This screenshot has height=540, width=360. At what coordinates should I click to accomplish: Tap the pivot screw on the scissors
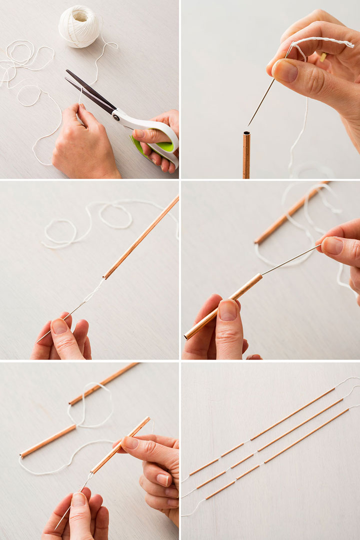click(x=116, y=117)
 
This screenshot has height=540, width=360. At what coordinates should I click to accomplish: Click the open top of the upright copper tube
click(x=246, y=134)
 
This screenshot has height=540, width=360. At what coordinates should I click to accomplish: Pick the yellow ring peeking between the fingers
click(x=322, y=57)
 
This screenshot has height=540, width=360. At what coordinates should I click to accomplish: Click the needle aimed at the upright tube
click(x=261, y=102)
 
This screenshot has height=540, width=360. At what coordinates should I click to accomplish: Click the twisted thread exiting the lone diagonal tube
click(x=95, y=290)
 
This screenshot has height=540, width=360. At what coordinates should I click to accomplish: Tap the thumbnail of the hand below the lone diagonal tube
click(x=60, y=327)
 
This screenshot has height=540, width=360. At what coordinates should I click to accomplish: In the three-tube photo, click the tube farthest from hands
click(x=103, y=384)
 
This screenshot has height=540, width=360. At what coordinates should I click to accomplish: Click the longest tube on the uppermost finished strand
click(x=292, y=414)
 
